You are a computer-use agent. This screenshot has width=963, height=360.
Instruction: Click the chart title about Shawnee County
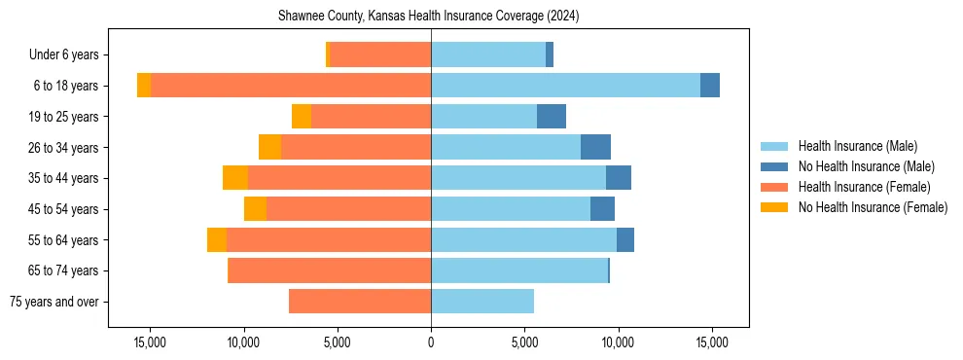pyautogui.click(x=429, y=17)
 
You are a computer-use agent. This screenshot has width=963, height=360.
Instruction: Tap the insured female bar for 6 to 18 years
pyautogui.click(x=291, y=86)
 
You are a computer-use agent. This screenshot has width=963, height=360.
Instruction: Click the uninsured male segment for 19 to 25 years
pyautogui.click(x=552, y=117)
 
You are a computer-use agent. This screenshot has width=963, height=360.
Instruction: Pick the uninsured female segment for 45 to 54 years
pyautogui.click(x=255, y=209)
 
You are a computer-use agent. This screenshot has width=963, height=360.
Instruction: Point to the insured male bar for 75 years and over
pyautogui.click(x=482, y=302)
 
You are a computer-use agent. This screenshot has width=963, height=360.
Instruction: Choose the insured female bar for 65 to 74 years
pyautogui.click(x=329, y=270)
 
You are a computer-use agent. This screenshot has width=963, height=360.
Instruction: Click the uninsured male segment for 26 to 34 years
pyautogui.click(x=595, y=147)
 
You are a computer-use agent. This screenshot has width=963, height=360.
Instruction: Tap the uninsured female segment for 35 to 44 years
pyautogui.click(x=235, y=178)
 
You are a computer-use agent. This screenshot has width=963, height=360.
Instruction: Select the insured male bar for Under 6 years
pyautogui.click(x=488, y=54)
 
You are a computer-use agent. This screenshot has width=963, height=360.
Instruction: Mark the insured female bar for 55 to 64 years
pyautogui.click(x=329, y=239)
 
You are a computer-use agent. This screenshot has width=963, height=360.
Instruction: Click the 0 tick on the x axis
pyautogui.click(x=431, y=342)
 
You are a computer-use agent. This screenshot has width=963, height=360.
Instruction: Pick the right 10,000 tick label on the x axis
pyautogui.click(x=619, y=342)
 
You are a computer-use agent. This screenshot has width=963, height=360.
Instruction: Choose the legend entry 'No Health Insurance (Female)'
pyautogui.click(x=873, y=207)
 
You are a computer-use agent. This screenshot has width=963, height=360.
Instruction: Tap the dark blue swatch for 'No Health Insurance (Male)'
pyautogui.click(x=776, y=166)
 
